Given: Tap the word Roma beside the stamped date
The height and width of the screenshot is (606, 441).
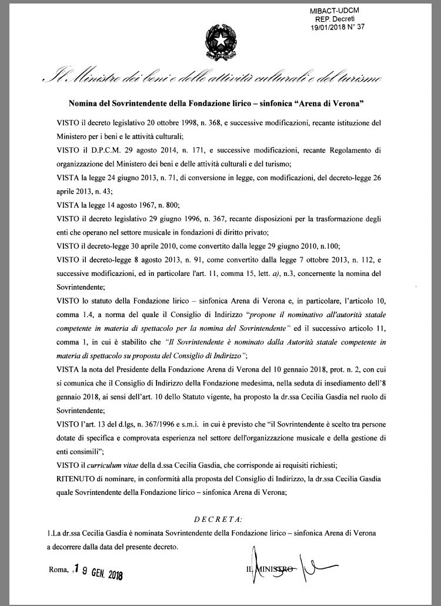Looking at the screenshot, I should tap(59, 570).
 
